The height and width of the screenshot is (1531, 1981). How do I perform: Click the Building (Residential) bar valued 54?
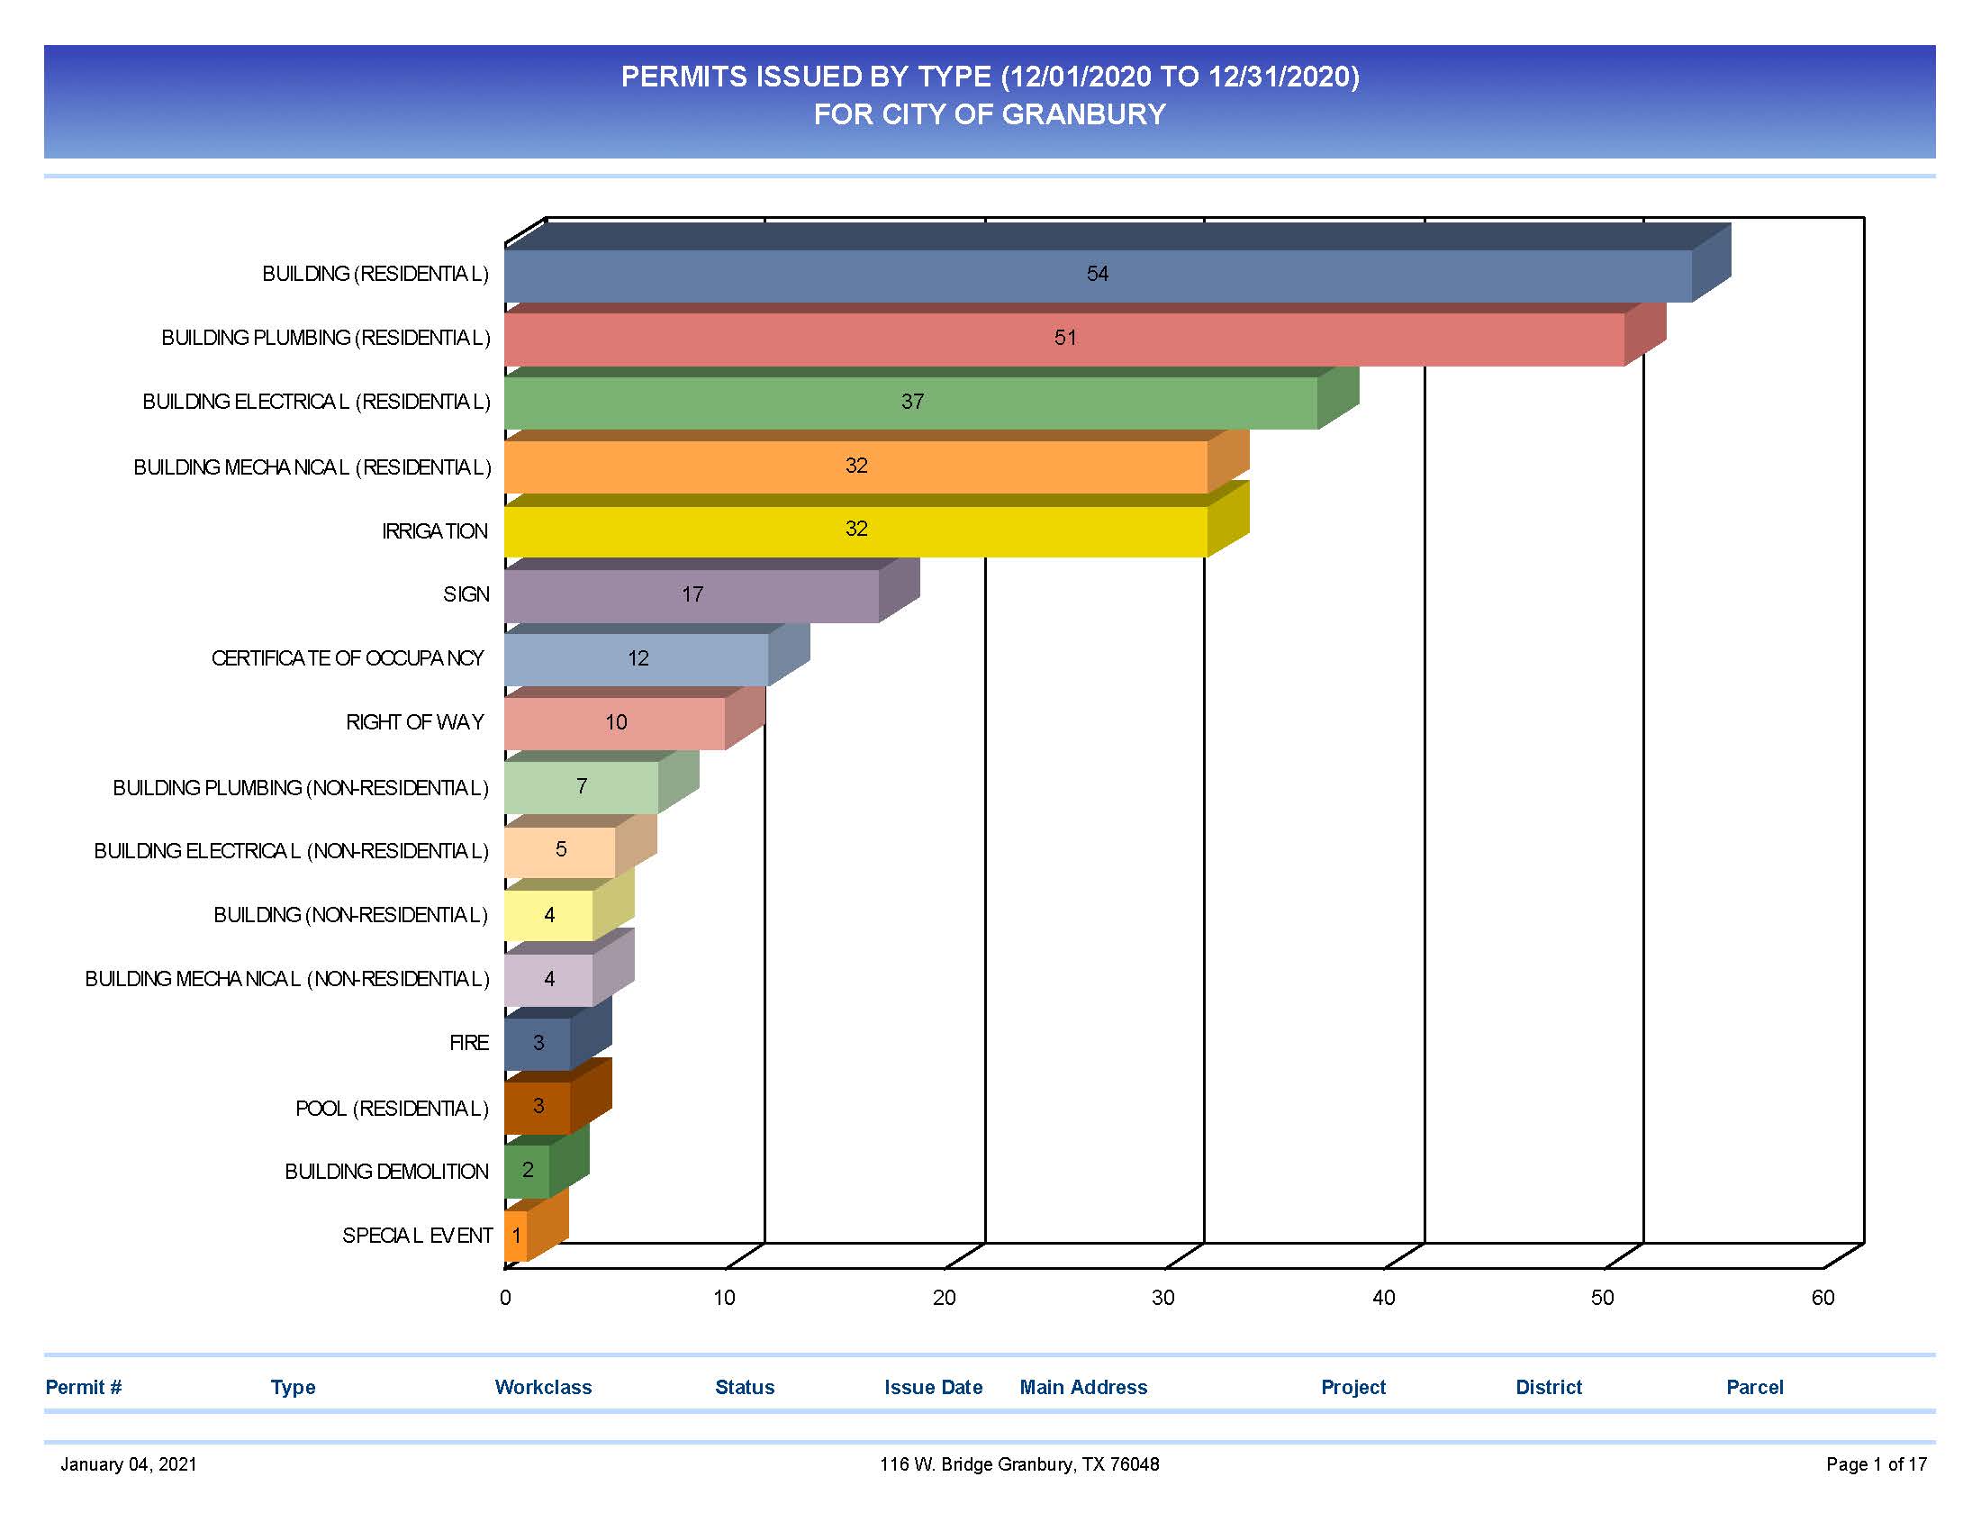[907, 275]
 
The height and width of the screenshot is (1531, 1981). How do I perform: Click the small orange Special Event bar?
[515, 1236]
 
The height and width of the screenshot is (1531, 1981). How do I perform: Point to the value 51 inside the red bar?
[1065, 339]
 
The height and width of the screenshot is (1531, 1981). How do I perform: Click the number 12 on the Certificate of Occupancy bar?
[638, 659]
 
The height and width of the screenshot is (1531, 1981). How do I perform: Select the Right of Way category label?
[414, 723]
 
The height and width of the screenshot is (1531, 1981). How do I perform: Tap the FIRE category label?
[469, 1043]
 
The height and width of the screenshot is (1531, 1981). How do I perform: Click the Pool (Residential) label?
[392, 1109]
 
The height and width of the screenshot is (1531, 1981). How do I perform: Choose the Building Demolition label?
[386, 1172]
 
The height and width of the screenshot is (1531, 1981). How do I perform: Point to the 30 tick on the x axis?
[1162, 1298]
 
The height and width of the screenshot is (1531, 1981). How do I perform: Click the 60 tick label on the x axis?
[1823, 1298]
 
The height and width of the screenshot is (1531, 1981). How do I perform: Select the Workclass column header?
[542, 1387]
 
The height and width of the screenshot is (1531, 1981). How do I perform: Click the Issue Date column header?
[933, 1387]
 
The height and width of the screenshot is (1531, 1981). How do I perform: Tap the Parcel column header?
[1753, 1387]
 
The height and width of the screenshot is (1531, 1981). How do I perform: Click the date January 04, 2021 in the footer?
[129, 1463]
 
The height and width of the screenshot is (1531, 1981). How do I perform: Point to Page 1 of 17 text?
[1876, 1463]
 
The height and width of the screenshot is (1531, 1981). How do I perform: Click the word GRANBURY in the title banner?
[1083, 115]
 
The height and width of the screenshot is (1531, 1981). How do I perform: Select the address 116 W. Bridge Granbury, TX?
[1018, 1463]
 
